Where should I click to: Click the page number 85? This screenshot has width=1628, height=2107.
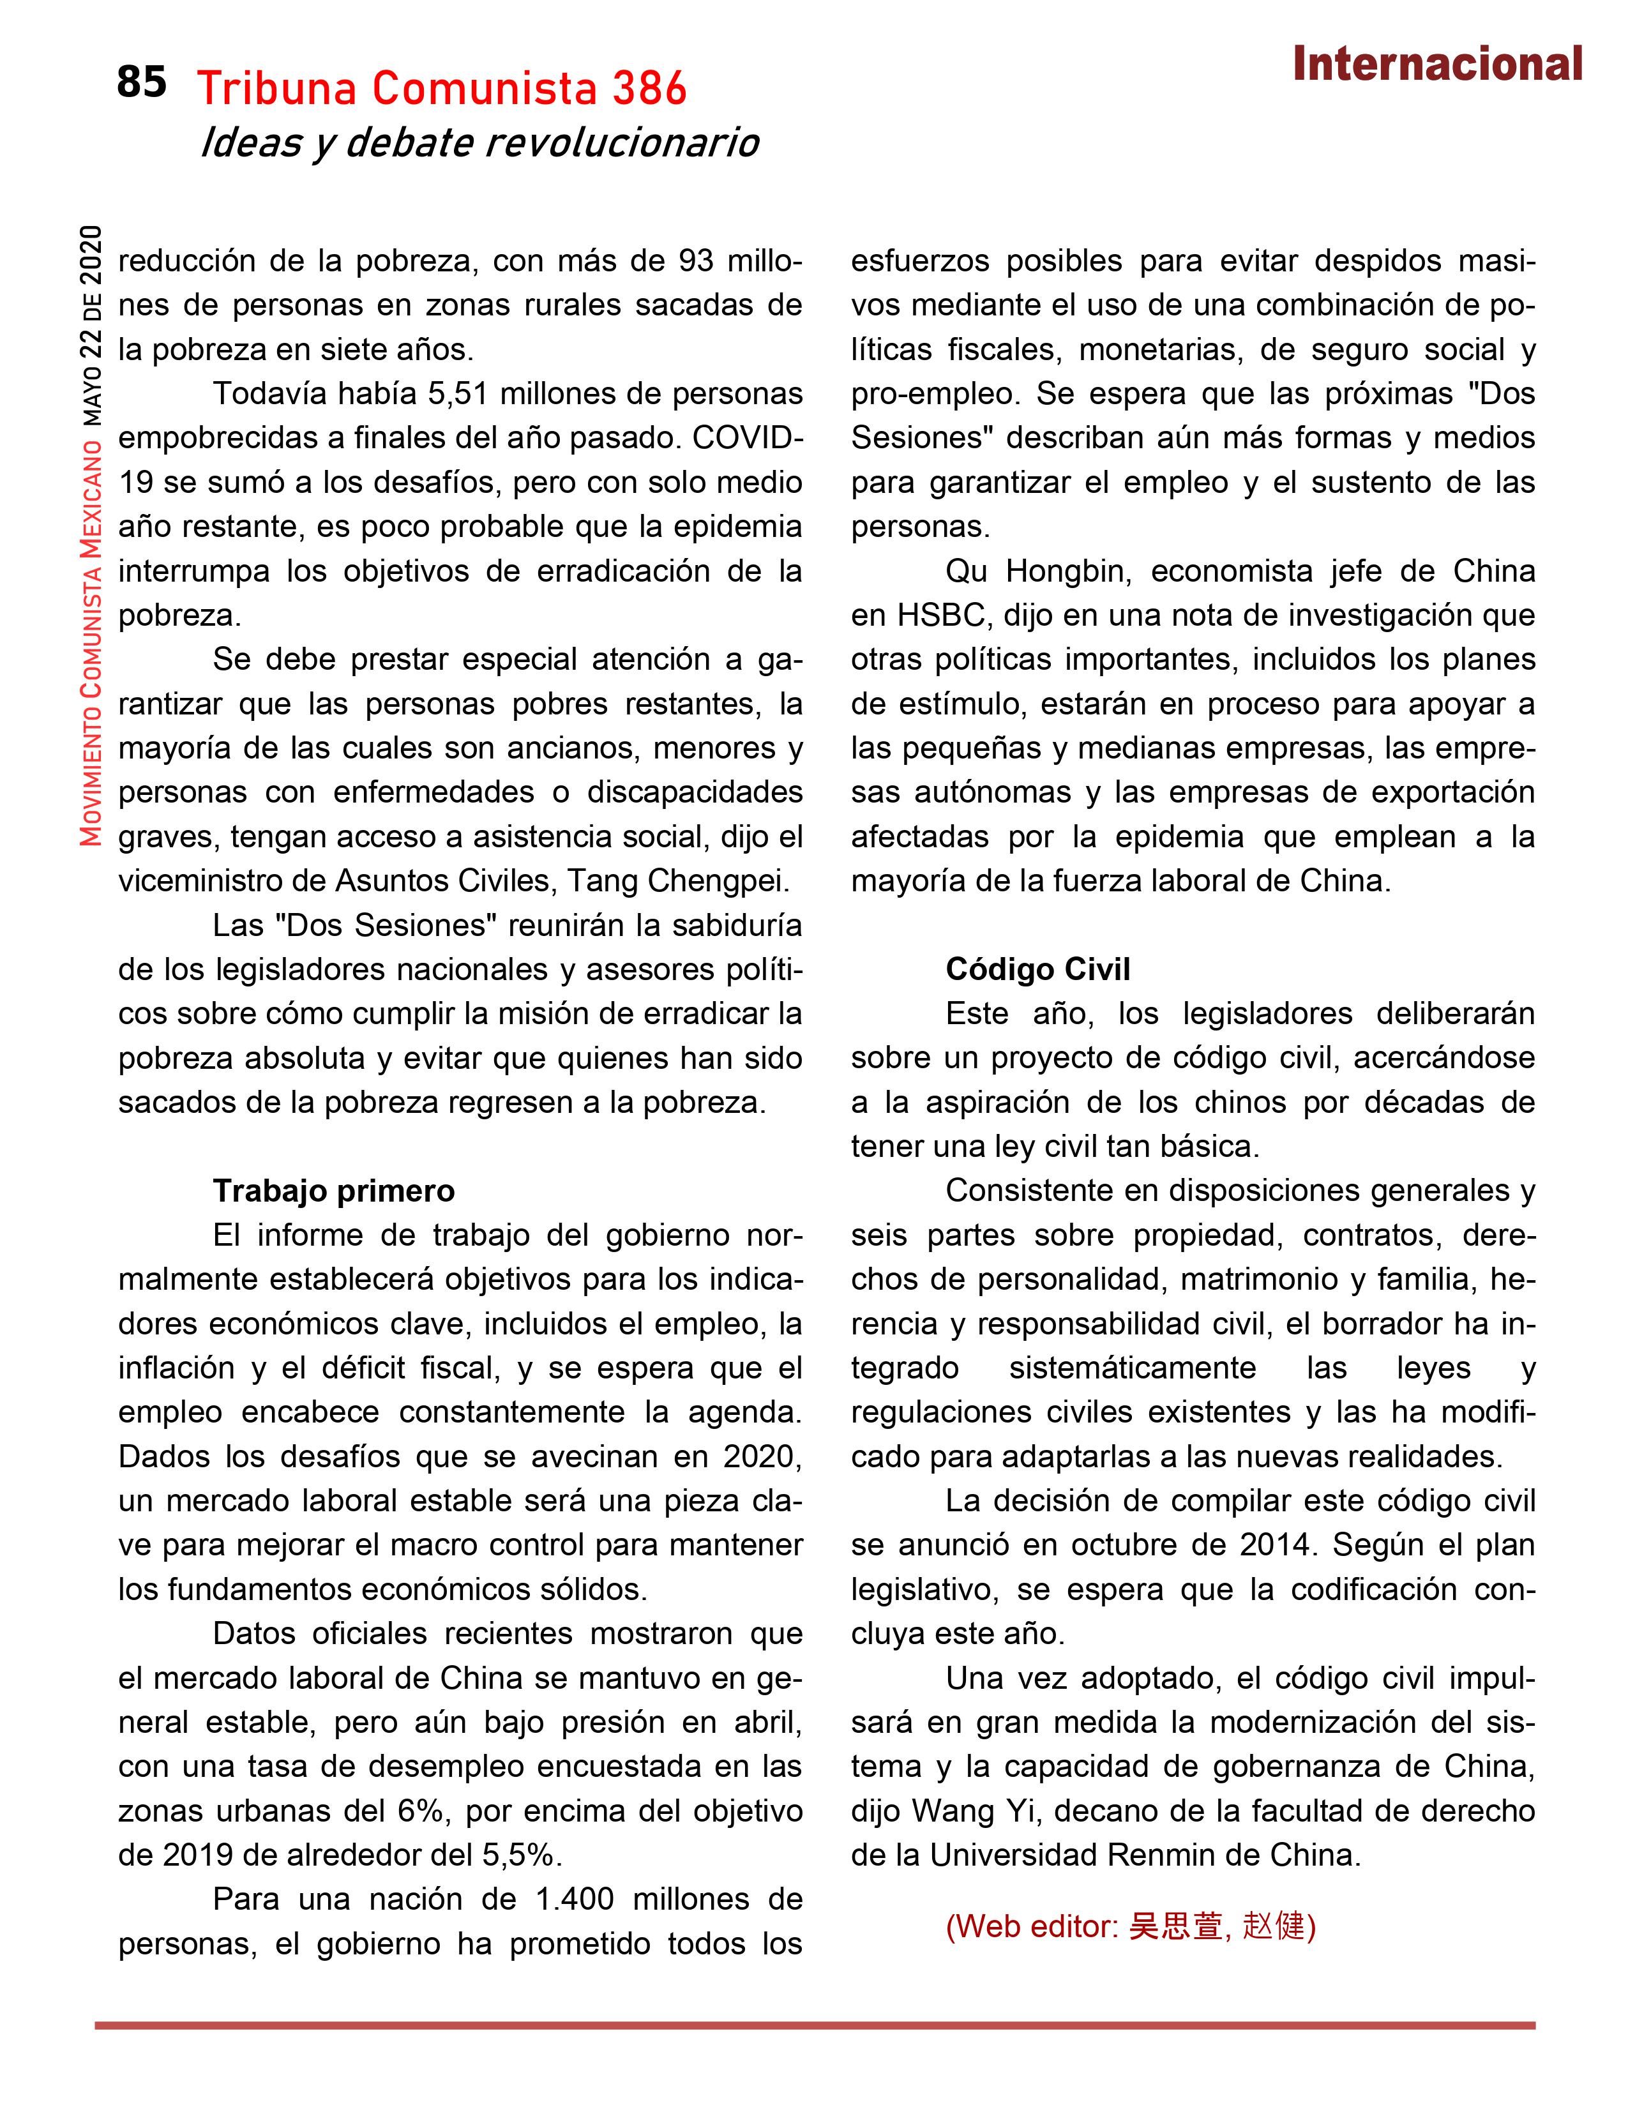[142, 83]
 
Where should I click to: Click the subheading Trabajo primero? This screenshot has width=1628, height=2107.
[334, 1191]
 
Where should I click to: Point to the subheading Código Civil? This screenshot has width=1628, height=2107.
[1037, 970]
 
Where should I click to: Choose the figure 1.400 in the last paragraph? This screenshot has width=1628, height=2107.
[574, 1899]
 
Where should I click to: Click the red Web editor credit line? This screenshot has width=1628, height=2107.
[1130, 1926]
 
